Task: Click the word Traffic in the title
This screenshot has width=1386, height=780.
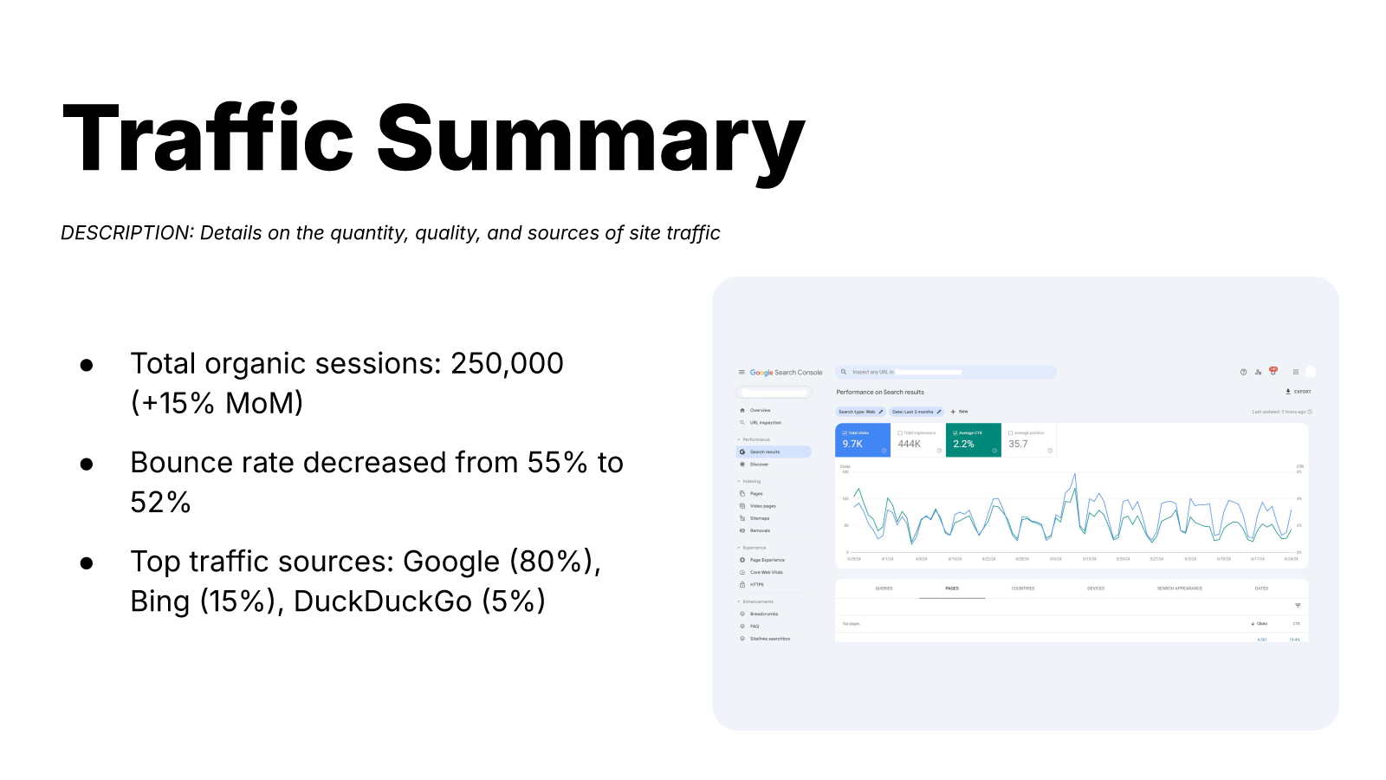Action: click(208, 139)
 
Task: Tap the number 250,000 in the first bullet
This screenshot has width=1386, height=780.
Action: click(507, 364)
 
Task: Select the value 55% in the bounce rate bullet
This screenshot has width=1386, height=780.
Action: click(557, 463)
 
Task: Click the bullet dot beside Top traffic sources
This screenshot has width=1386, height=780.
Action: click(87, 563)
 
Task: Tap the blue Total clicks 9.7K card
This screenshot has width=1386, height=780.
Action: click(862, 440)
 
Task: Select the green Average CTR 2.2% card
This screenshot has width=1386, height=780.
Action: click(973, 440)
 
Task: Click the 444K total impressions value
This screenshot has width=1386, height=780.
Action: click(910, 444)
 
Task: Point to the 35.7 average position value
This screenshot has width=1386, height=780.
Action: click(1018, 444)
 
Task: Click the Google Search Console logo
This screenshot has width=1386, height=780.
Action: click(786, 373)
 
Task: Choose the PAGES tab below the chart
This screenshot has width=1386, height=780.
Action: click(952, 588)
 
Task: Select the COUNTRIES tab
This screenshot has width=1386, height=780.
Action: click(1023, 588)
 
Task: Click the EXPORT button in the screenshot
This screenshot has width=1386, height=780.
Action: click(1299, 392)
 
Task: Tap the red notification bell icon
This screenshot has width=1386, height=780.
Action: click(1273, 371)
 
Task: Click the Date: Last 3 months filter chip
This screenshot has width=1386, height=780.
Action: click(916, 412)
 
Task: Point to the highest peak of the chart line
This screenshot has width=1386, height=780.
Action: click(1075, 474)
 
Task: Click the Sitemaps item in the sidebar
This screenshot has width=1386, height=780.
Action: click(760, 518)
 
